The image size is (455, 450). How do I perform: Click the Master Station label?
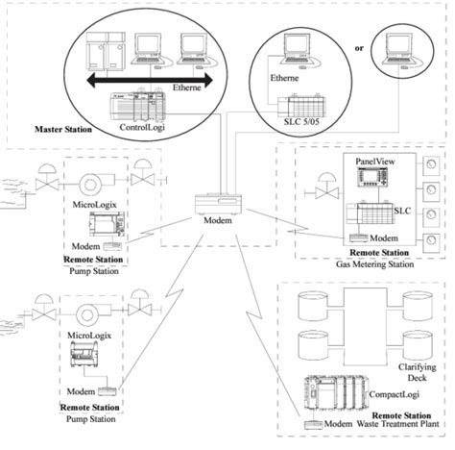pyautogui.click(x=64, y=127)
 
